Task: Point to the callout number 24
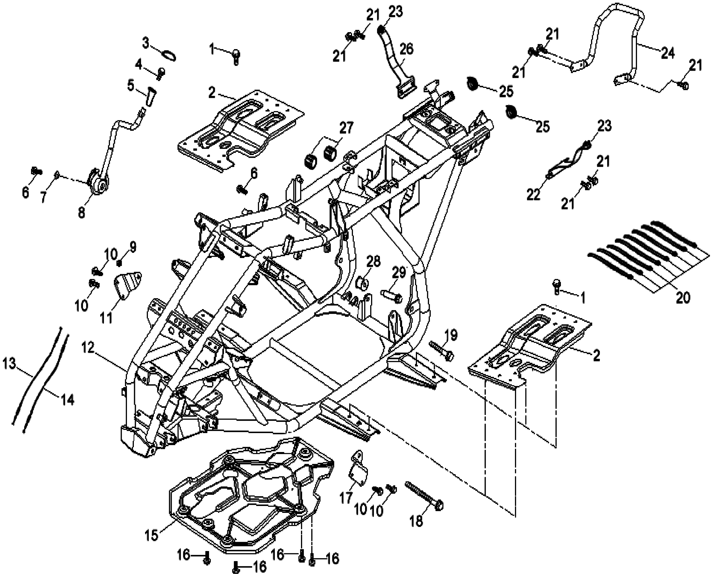pos(667,53)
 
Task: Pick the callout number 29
pos(399,273)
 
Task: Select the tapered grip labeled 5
pos(150,96)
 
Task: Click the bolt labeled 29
pos(392,297)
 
